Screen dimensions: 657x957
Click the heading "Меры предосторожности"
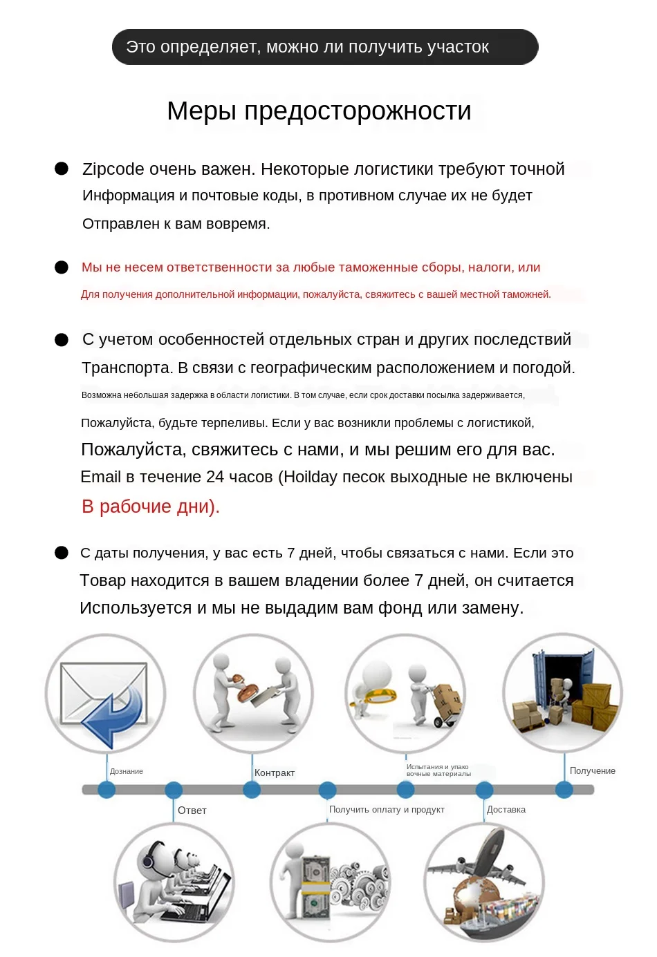(x=319, y=111)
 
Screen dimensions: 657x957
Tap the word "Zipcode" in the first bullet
(x=113, y=169)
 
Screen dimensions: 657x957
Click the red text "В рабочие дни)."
(x=150, y=506)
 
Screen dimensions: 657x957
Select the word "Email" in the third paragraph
(x=100, y=477)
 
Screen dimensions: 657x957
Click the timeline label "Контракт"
(x=274, y=773)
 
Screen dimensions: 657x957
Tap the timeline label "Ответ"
(x=192, y=811)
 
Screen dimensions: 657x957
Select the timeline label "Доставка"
(x=506, y=810)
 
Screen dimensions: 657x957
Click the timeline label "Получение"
(x=592, y=771)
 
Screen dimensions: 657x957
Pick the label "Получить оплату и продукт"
(x=386, y=810)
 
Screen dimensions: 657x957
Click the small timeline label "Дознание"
(x=127, y=772)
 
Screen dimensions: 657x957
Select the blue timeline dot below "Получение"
(x=564, y=790)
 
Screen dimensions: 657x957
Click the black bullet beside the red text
(x=62, y=267)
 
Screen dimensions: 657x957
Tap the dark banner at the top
(x=325, y=47)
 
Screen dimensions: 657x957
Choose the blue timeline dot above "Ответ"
(x=174, y=790)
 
